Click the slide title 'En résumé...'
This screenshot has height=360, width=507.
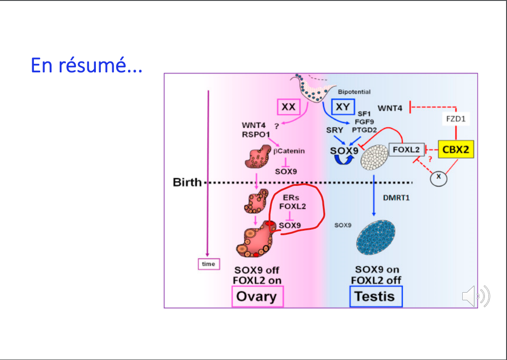(86, 66)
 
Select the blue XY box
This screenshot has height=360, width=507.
(343, 108)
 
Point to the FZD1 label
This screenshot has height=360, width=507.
(455, 120)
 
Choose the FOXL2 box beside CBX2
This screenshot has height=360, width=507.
(407, 149)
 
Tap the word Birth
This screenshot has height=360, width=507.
(188, 183)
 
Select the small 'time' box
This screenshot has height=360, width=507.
(208, 264)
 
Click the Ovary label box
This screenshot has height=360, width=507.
(257, 296)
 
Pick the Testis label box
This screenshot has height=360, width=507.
(376, 296)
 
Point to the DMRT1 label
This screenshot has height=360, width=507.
(396, 198)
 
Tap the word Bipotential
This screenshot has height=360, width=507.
(354, 92)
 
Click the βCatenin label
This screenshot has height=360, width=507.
(289, 151)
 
